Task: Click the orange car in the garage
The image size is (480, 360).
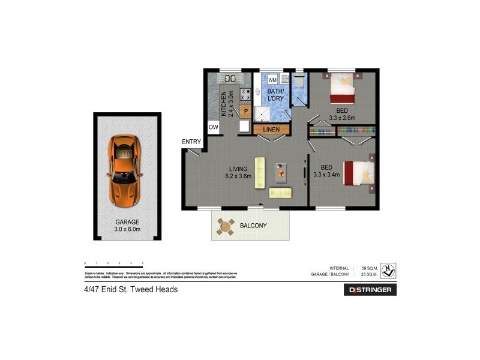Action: pos(125,171)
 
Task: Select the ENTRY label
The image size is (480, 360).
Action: pos(191,142)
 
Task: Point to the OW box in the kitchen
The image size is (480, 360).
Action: pos(213,127)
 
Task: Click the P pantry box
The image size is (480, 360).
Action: pos(244,111)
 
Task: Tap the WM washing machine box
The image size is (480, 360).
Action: pos(272,80)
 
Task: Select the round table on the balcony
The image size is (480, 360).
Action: pos(227,226)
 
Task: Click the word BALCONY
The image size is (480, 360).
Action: pos(253,226)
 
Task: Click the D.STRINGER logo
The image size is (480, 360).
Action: pos(370,290)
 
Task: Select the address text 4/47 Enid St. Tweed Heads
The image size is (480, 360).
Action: pos(131,289)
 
